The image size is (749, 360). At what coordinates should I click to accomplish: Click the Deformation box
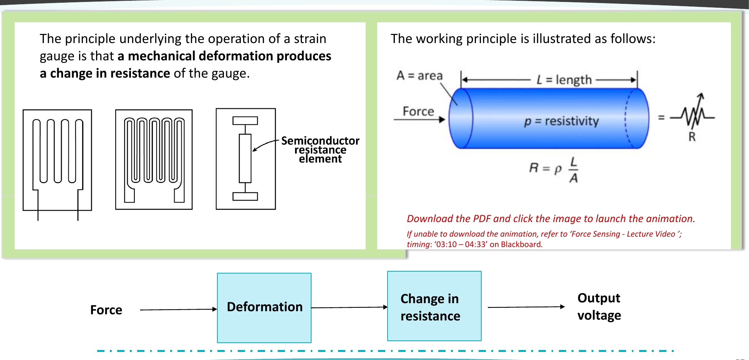click(264, 308)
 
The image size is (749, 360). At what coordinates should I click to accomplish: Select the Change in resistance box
click(434, 306)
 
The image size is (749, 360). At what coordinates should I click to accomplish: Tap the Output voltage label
click(599, 307)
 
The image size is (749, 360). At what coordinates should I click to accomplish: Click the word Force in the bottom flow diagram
click(106, 310)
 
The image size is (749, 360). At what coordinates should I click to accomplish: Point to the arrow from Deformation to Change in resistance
click(350, 307)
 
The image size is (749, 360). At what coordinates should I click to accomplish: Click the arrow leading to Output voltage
click(526, 307)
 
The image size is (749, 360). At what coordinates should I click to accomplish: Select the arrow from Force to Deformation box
click(179, 309)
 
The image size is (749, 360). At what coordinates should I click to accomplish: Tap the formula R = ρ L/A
click(554, 169)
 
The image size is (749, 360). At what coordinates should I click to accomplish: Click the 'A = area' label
click(419, 75)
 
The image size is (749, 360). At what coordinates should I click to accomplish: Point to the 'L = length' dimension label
click(564, 80)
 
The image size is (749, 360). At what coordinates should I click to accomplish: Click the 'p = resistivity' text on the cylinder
click(562, 121)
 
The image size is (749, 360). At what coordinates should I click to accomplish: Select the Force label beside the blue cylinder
click(418, 111)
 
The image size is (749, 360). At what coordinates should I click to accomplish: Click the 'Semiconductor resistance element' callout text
click(320, 150)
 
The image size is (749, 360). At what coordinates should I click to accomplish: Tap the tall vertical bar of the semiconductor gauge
click(245, 158)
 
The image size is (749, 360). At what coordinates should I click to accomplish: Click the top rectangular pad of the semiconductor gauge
click(245, 121)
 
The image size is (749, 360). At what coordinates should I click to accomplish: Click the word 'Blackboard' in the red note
click(521, 244)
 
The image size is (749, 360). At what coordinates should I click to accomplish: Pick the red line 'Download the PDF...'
click(551, 219)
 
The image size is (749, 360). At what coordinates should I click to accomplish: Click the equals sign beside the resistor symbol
click(661, 117)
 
